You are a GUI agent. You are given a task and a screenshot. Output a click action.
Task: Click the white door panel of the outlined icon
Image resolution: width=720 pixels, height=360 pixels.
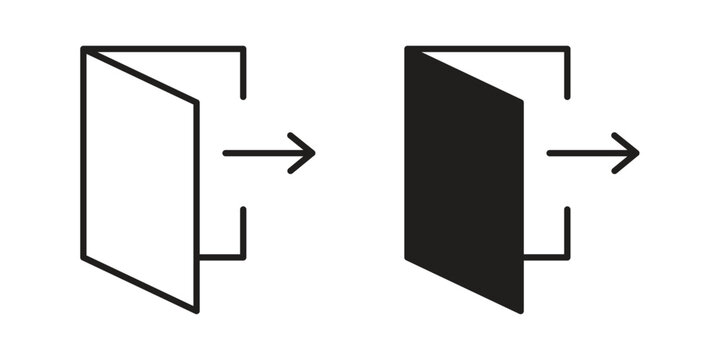pos(140,180)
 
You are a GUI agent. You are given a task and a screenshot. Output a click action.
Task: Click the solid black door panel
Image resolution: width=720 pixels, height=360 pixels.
pos(464,180)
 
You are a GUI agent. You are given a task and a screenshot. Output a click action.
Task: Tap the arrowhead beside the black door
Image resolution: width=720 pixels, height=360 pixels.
pos(631,153)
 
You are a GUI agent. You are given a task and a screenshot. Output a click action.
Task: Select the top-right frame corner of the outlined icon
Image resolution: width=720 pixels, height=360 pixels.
pos(243,49)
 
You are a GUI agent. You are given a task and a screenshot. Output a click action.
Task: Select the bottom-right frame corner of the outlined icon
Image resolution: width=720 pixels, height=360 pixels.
pos(243,257)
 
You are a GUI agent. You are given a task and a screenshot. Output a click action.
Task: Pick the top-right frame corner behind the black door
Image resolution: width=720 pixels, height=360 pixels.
pos(567,49)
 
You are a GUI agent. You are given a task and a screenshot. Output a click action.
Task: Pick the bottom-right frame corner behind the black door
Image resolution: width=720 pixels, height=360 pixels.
pos(567,257)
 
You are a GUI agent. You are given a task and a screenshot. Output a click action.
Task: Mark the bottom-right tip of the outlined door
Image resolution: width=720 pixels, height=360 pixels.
pos(196,308)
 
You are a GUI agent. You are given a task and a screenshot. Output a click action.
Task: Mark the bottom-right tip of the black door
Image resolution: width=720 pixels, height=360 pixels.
pos(521,308)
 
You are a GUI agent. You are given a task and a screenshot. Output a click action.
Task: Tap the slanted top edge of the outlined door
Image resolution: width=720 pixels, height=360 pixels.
pos(140,76)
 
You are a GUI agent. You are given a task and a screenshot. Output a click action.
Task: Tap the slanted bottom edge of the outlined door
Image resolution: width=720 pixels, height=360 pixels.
pos(140,283)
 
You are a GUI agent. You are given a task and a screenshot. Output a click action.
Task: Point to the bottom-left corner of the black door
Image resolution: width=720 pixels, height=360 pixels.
pos(408,257)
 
